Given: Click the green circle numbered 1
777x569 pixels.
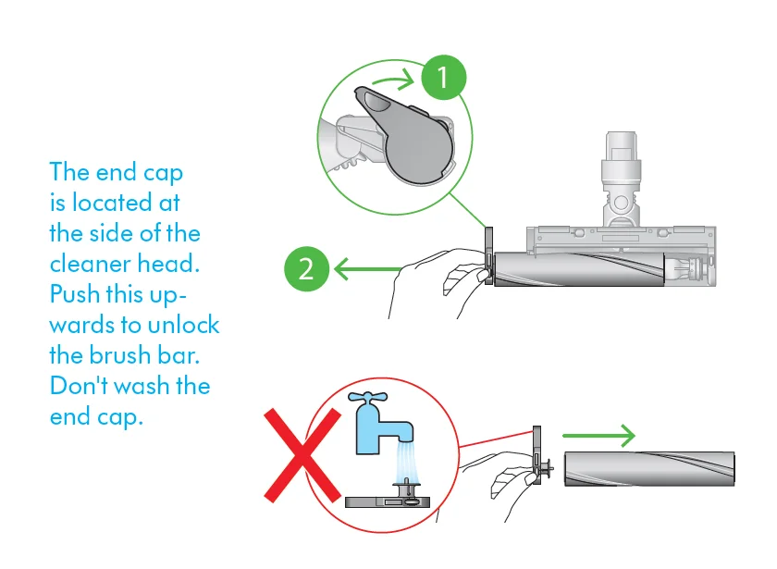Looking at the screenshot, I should tap(444, 78).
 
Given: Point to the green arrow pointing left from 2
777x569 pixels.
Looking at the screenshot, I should tap(365, 269).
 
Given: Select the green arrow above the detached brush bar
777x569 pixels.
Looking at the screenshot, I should tap(598, 434).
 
